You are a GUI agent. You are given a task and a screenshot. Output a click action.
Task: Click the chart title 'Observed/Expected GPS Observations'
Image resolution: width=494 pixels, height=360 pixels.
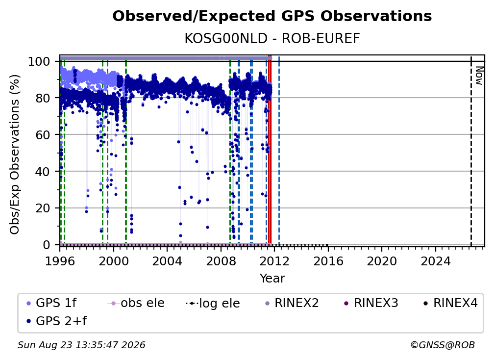[x=272, y=16]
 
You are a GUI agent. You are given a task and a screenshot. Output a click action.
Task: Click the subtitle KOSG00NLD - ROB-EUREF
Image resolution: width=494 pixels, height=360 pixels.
[x=272, y=39]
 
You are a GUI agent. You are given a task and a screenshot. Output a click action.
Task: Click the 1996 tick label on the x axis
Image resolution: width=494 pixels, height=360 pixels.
[x=60, y=261]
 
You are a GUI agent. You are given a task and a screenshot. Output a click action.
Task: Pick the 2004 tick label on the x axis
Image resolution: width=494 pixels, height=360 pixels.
[x=167, y=261]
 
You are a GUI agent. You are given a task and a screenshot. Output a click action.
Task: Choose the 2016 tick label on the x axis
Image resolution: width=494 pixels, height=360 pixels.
[x=328, y=261]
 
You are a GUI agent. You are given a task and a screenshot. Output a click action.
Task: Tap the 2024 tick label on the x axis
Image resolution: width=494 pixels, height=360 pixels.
[x=435, y=261]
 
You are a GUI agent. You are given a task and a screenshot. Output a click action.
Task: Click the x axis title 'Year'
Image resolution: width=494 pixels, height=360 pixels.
[x=272, y=279]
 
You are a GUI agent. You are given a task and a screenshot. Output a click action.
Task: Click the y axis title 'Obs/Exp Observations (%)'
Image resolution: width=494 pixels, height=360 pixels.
[x=15, y=154]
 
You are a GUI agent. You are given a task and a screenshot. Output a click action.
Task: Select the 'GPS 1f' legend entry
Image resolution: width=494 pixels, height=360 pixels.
[x=51, y=303]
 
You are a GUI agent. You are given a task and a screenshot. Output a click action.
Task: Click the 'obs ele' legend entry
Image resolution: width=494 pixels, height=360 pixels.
[x=136, y=303]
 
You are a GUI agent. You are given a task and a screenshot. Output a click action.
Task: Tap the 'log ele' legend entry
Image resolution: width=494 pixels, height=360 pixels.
[x=213, y=303]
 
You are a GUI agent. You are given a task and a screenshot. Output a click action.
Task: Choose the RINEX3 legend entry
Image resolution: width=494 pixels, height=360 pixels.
[x=371, y=303]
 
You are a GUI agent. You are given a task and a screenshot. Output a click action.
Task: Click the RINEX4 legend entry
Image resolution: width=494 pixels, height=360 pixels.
[x=450, y=303]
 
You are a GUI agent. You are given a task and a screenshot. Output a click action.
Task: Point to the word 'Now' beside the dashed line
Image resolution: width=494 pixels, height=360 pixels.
[x=479, y=76]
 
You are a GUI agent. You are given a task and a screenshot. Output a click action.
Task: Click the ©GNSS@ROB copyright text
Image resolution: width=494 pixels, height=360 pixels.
[x=443, y=345]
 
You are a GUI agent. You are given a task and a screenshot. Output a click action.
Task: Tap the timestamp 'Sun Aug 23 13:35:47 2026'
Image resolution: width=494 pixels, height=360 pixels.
[x=81, y=345]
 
